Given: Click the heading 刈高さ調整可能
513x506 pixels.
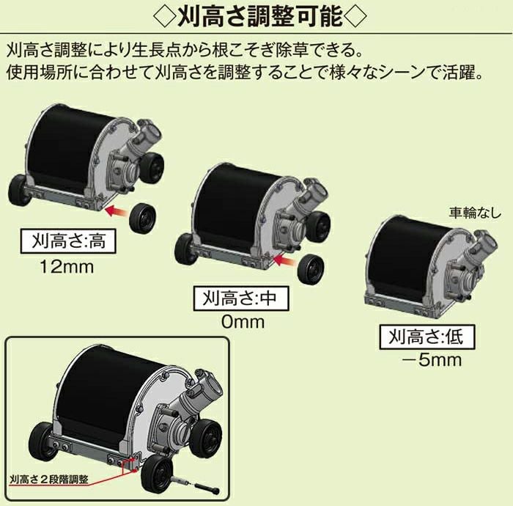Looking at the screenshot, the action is pos(260,15).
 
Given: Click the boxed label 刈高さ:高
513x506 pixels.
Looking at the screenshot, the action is pos(68,241).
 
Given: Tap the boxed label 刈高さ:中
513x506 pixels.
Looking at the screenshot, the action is pos(240,298).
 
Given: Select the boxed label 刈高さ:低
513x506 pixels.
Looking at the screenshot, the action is pos(427,337).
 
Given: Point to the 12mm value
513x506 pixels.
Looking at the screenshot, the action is pos(67,267).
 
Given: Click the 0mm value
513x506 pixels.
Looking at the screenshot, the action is pos(243,322).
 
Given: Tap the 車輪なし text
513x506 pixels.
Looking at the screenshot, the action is pos(475,213).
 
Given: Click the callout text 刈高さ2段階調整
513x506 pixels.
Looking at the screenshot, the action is pos(49,480).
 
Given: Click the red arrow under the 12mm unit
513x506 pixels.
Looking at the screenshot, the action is pos(117,211).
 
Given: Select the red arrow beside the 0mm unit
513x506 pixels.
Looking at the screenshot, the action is pos(286,261).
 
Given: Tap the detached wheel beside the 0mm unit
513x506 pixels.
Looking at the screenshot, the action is pos(311,271).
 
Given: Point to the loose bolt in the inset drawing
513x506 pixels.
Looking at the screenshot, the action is pos(207,488).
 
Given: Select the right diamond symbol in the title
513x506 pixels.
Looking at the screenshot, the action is pos(356,15).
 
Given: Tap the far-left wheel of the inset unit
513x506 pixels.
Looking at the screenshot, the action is pos(42,439).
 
